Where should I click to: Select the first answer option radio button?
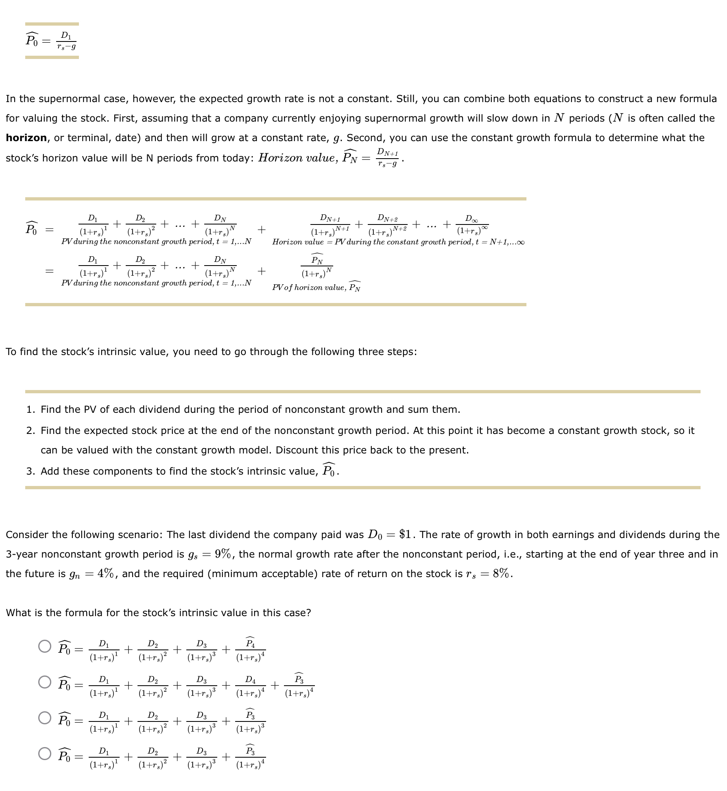coord(45,646)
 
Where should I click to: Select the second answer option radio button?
coord(45,682)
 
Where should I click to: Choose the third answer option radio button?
coord(45,718)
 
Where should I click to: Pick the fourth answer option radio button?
coord(45,754)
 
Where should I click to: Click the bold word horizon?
coord(26,138)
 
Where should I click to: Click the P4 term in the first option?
coord(250,649)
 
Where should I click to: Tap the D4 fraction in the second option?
coord(250,685)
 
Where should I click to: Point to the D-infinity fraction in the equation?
coord(472,225)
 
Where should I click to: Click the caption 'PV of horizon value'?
coord(316,288)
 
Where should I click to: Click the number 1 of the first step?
coord(31,410)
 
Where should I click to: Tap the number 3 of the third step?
coord(31,471)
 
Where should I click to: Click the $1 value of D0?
coord(405,534)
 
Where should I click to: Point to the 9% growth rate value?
coord(223,554)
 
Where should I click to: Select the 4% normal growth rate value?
coord(105,573)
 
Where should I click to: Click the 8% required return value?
coord(501,573)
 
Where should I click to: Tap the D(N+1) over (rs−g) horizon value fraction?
coord(387,158)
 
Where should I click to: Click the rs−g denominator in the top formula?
coord(66,47)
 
